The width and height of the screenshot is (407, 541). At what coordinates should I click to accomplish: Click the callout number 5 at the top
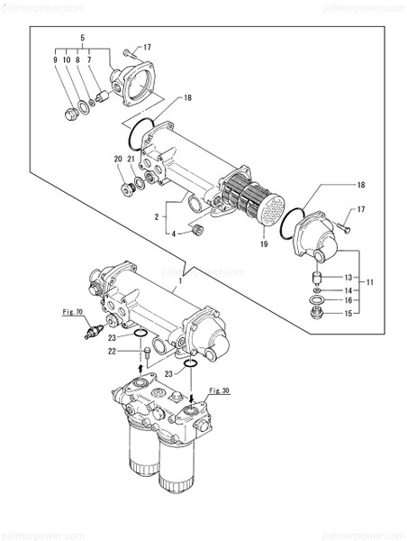[x=82, y=37]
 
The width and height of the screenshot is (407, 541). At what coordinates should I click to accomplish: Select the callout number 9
[x=55, y=60]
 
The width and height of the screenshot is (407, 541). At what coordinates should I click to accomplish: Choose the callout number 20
[x=118, y=160]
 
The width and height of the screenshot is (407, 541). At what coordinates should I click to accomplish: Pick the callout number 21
[x=131, y=160]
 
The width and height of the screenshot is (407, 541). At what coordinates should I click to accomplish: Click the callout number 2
[x=158, y=217]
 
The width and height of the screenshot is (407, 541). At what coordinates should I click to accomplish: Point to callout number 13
[x=346, y=277]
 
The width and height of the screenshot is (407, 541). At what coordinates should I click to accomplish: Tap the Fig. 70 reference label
[x=73, y=312]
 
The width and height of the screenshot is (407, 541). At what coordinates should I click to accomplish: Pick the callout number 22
[x=112, y=352]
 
